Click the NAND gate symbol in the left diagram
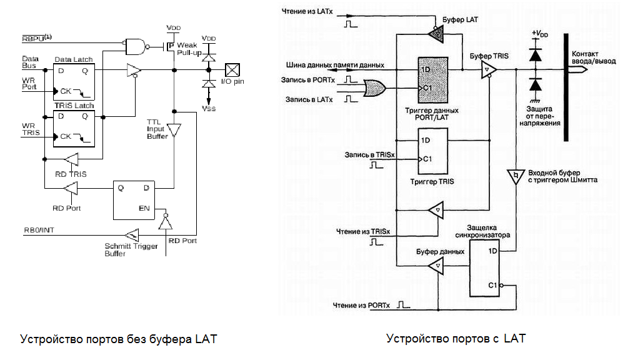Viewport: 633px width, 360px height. (x=134, y=44)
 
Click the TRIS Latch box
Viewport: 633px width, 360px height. (x=74, y=128)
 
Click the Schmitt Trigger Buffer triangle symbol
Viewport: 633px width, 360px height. (x=132, y=236)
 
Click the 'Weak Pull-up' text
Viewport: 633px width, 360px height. (x=187, y=50)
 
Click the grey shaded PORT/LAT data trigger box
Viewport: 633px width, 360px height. (x=432, y=79)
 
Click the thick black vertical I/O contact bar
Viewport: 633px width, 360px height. (x=566, y=87)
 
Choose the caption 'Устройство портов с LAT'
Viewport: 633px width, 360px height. (x=456, y=339)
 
